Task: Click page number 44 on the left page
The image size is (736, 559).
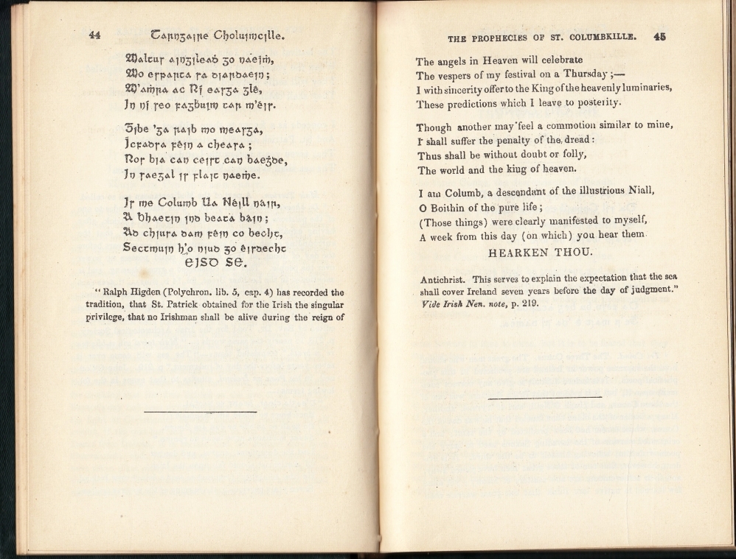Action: coord(94,35)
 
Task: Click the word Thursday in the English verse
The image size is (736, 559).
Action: coord(588,75)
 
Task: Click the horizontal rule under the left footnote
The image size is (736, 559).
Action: coord(200,411)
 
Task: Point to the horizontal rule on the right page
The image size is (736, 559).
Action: coord(544,398)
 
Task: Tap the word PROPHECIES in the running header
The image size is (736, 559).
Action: coord(504,38)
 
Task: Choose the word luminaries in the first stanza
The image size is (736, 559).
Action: coord(640,88)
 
